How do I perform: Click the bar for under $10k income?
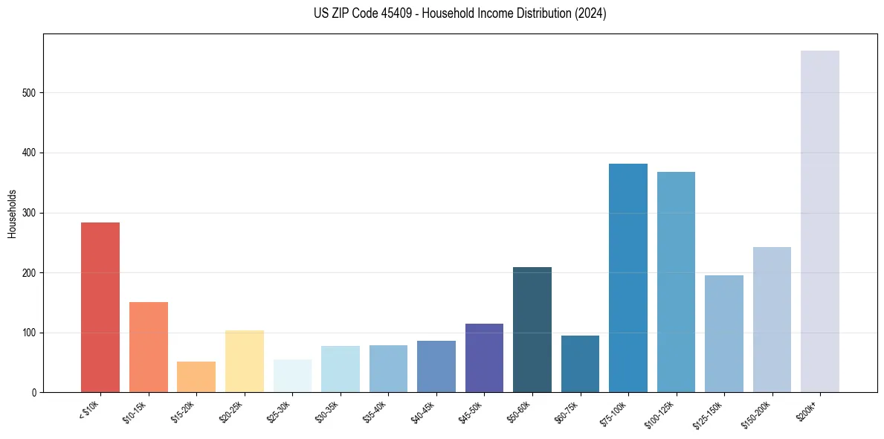(x=100, y=307)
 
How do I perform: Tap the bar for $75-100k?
(x=628, y=278)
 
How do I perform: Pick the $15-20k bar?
(x=196, y=377)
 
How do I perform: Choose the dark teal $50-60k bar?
(x=532, y=330)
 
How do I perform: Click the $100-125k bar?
(x=676, y=282)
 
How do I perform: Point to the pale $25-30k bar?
(x=292, y=376)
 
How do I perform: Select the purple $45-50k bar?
(x=484, y=358)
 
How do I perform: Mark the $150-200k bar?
(x=772, y=320)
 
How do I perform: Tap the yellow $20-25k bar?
(x=245, y=362)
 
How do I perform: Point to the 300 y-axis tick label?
(x=29, y=213)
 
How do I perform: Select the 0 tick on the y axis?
(x=33, y=393)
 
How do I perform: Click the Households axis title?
(x=12, y=213)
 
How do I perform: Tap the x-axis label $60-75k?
(x=567, y=411)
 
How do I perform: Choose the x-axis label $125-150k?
(x=710, y=413)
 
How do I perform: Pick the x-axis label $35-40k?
(x=375, y=411)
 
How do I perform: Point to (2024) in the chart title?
(x=590, y=13)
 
